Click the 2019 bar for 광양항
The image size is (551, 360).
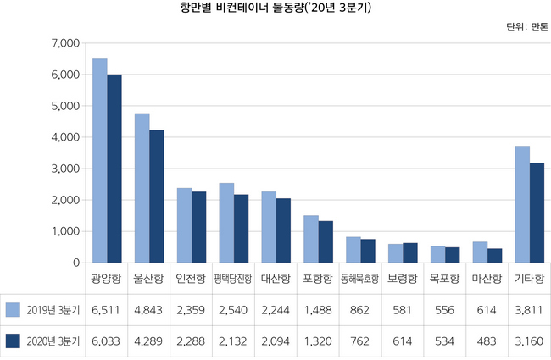coord(100,161)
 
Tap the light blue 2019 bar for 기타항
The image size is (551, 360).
coord(522,204)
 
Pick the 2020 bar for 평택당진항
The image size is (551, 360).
coord(241,229)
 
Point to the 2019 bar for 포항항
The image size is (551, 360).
coord(311,239)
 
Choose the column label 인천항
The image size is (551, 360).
coord(191,278)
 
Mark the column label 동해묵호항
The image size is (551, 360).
coord(360,278)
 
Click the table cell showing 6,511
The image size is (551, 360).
coord(107,309)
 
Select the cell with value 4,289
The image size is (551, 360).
coord(149,341)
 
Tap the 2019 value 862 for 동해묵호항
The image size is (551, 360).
coord(360,309)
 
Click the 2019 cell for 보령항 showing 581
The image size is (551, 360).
coord(403,309)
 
